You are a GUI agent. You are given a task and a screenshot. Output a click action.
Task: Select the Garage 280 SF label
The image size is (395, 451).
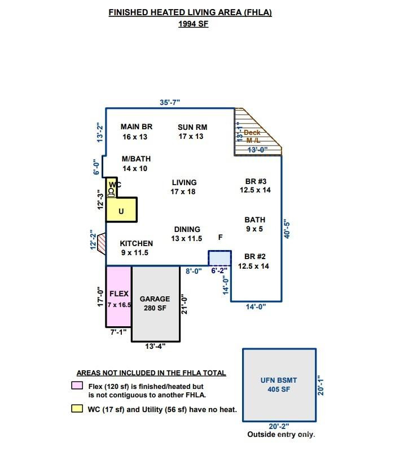click(x=155, y=303)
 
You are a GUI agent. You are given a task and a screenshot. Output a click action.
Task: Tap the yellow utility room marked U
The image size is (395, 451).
click(x=121, y=211)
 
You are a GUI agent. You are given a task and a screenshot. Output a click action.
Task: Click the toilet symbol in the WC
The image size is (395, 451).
click(x=111, y=192)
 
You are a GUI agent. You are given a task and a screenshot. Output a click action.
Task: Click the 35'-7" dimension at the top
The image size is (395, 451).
click(x=170, y=102)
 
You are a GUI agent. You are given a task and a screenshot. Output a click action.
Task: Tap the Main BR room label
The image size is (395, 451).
click(x=136, y=132)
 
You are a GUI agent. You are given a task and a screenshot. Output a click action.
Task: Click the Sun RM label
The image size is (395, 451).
click(x=192, y=132)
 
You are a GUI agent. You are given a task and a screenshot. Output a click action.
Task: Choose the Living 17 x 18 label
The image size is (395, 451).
click(x=184, y=187)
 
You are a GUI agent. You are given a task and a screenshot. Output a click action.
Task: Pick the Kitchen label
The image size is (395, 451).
click(x=136, y=248)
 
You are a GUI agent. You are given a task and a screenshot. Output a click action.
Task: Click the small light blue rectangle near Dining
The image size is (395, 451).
click(x=220, y=258)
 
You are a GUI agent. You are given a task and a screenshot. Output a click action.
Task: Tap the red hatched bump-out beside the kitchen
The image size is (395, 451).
click(x=102, y=243)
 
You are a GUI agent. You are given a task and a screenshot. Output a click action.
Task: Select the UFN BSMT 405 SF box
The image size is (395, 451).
click(x=279, y=384)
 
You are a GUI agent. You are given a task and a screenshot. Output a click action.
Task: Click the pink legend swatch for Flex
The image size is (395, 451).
click(x=76, y=386)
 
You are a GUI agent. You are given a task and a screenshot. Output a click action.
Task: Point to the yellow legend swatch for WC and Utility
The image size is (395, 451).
click(x=76, y=409)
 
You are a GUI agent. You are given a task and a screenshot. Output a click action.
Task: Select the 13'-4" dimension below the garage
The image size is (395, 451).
click(x=156, y=347)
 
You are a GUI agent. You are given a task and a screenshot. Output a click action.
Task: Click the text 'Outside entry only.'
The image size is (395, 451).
click(x=280, y=435)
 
